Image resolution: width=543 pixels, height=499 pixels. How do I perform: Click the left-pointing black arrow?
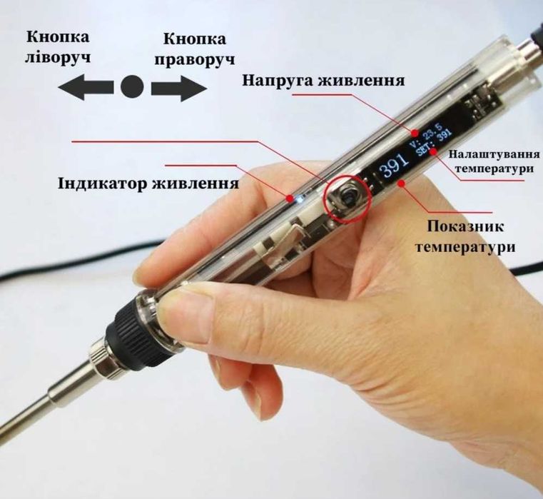[x=86, y=87]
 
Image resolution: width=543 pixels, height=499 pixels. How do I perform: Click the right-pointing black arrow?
[x=179, y=88]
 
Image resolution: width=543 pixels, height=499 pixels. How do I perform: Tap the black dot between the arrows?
[x=132, y=86]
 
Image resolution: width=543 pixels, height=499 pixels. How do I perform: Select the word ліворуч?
[x=58, y=56]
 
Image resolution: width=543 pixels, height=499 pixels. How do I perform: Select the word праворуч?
[x=195, y=59]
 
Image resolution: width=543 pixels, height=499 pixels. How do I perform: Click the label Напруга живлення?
[x=323, y=81]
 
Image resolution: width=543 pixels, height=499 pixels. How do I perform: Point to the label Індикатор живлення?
[x=148, y=183]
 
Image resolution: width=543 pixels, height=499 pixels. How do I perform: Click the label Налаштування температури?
[x=494, y=161]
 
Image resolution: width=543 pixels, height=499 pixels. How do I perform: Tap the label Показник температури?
[x=465, y=237]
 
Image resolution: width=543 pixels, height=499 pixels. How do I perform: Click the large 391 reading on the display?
[x=395, y=165]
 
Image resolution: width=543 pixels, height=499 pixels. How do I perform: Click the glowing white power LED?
[x=299, y=198]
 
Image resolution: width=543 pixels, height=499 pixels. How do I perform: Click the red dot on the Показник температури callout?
[x=401, y=183]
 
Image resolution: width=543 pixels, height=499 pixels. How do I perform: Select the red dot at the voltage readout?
[x=415, y=133]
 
